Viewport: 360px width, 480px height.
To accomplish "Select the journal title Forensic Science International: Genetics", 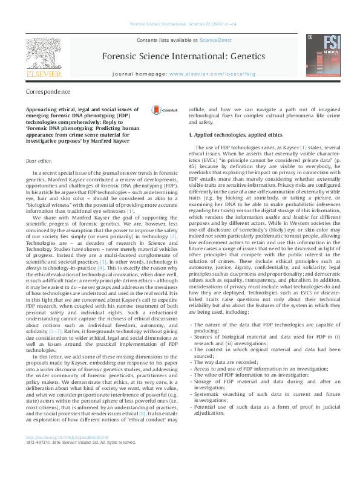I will point(201,56).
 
